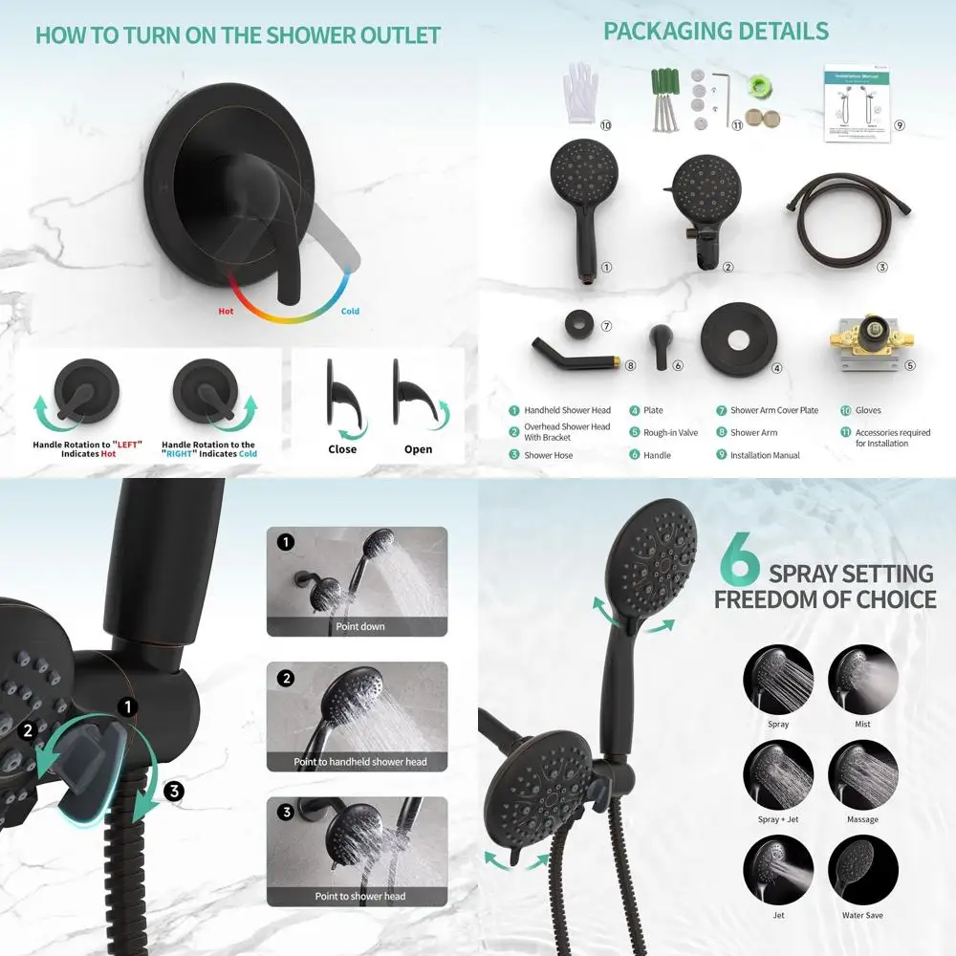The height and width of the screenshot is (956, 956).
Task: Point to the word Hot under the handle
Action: pyautogui.click(x=226, y=311)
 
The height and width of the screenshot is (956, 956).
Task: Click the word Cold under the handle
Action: pyautogui.click(x=351, y=311)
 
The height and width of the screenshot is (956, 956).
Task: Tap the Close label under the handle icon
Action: pyautogui.click(x=341, y=449)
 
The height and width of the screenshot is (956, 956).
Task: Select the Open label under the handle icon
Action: pyautogui.click(x=418, y=449)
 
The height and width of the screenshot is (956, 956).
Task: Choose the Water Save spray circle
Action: pyautogui.click(x=862, y=871)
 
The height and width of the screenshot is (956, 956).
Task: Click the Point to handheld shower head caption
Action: pyautogui.click(x=360, y=762)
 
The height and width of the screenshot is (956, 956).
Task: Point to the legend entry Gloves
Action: pyautogui.click(x=868, y=410)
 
